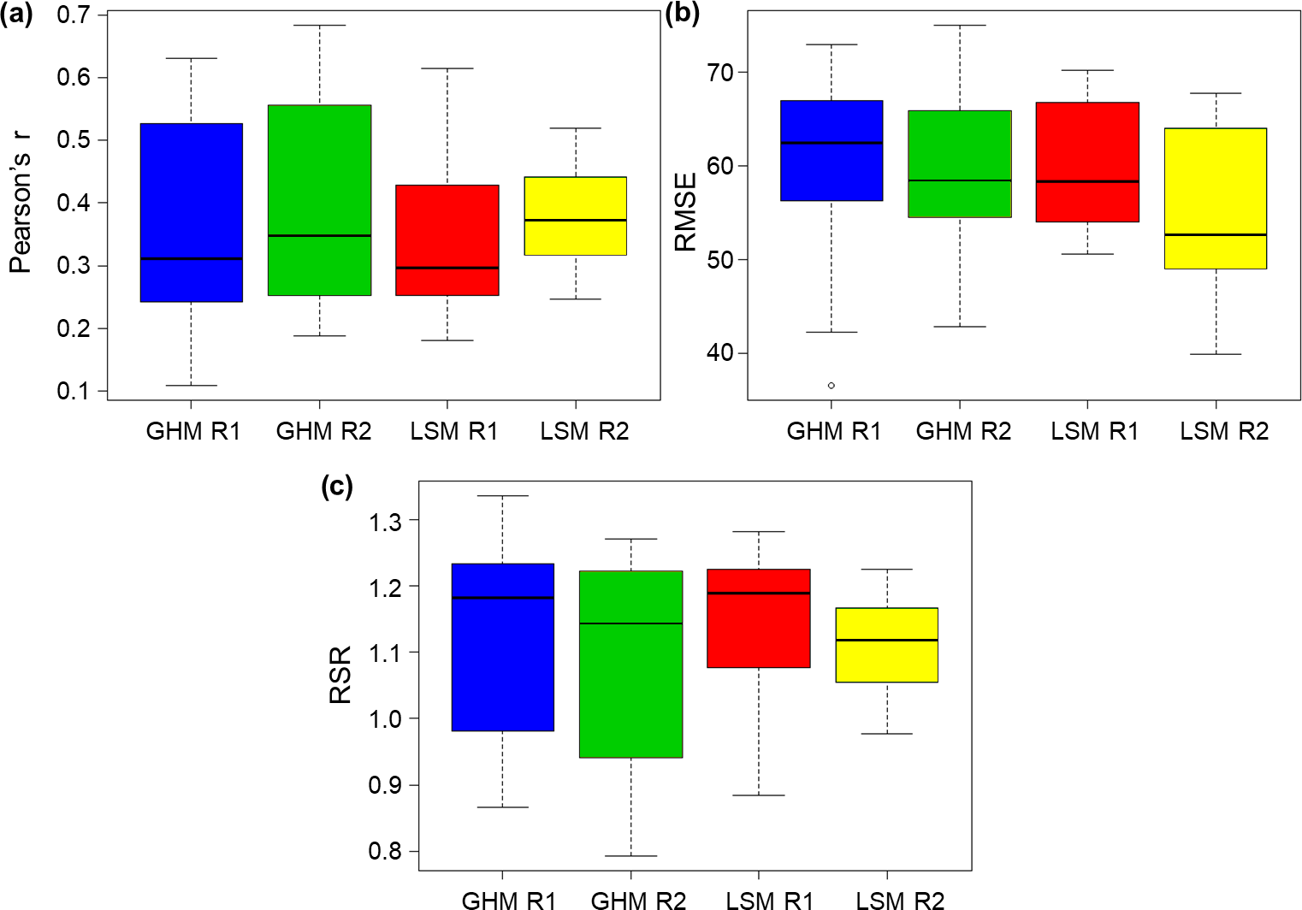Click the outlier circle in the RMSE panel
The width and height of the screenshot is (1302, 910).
(832, 386)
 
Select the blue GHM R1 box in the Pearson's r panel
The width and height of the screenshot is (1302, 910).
(191, 212)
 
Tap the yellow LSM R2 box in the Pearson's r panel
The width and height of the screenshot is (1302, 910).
(576, 216)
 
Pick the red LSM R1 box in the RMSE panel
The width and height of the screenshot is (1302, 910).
(1087, 162)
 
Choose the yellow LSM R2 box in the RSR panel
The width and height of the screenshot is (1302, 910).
(887, 645)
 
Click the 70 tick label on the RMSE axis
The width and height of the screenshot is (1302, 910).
(720, 73)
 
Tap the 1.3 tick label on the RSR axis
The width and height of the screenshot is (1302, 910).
(386, 521)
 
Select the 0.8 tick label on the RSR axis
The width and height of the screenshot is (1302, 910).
(386, 852)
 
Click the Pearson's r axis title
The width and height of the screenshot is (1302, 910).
(21, 203)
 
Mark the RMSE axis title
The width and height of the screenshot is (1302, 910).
(686, 212)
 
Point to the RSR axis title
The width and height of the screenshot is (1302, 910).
(340, 675)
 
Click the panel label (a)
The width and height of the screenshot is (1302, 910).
(16, 15)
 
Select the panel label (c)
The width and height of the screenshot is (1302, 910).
(336, 486)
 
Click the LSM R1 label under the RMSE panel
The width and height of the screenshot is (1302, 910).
(1094, 432)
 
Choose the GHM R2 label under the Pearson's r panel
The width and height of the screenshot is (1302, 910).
(323, 432)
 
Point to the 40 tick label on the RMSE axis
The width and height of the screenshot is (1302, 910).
(720, 353)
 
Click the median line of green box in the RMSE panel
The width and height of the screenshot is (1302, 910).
(960, 180)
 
